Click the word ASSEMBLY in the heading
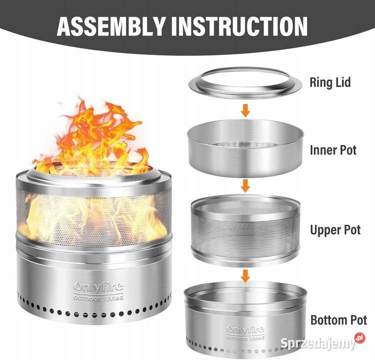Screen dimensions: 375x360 [x=111, y=26]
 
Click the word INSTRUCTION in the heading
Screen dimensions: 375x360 [x=240, y=26]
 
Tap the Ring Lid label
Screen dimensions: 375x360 [x=330, y=82]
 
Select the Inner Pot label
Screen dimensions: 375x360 [x=333, y=150]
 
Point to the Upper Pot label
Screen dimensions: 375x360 [x=335, y=230]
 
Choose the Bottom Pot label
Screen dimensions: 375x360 [x=338, y=320]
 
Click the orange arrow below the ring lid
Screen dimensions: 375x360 [x=245, y=110]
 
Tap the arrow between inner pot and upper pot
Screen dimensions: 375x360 [x=245, y=186]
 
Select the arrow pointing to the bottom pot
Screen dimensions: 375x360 [x=245, y=275]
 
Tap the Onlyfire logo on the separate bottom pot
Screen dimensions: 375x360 [x=245, y=330]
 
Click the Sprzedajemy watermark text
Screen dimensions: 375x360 [x=318, y=343]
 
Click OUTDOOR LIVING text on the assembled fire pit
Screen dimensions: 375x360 [x=98, y=298]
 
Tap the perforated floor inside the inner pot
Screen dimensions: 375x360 [x=244, y=144]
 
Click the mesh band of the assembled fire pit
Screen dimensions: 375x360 [x=94, y=216]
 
